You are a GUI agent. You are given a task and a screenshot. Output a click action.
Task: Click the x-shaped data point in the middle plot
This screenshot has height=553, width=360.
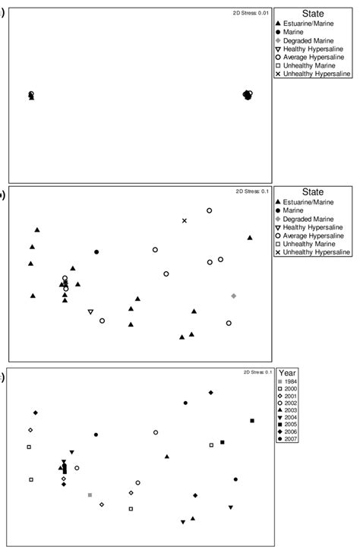click(x=184, y=221)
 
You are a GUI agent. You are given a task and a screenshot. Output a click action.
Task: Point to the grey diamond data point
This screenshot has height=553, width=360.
click(x=233, y=295)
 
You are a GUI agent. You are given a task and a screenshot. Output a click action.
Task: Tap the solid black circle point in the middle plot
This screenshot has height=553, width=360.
click(x=96, y=251)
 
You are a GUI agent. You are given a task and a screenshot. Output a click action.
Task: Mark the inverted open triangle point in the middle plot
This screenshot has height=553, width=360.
click(x=90, y=312)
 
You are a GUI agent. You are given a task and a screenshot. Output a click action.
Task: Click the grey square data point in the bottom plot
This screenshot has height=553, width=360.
click(x=90, y=495)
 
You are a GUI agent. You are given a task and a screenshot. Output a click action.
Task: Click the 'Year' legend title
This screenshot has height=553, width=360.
click(x=286, y=374)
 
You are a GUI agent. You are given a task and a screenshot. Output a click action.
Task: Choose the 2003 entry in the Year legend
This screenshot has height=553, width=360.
click(x=292, y=411)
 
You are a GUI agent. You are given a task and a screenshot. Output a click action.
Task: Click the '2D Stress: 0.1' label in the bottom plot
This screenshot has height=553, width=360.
click(x=252, y=372)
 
